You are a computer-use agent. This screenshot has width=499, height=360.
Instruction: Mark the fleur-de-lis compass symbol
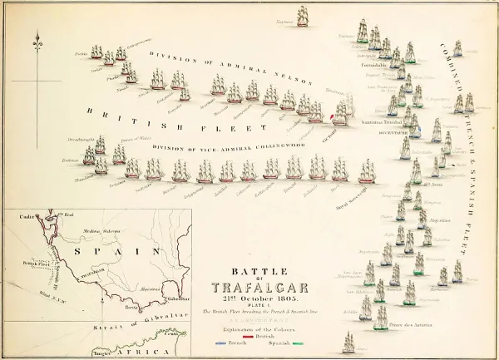[36, 42]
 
